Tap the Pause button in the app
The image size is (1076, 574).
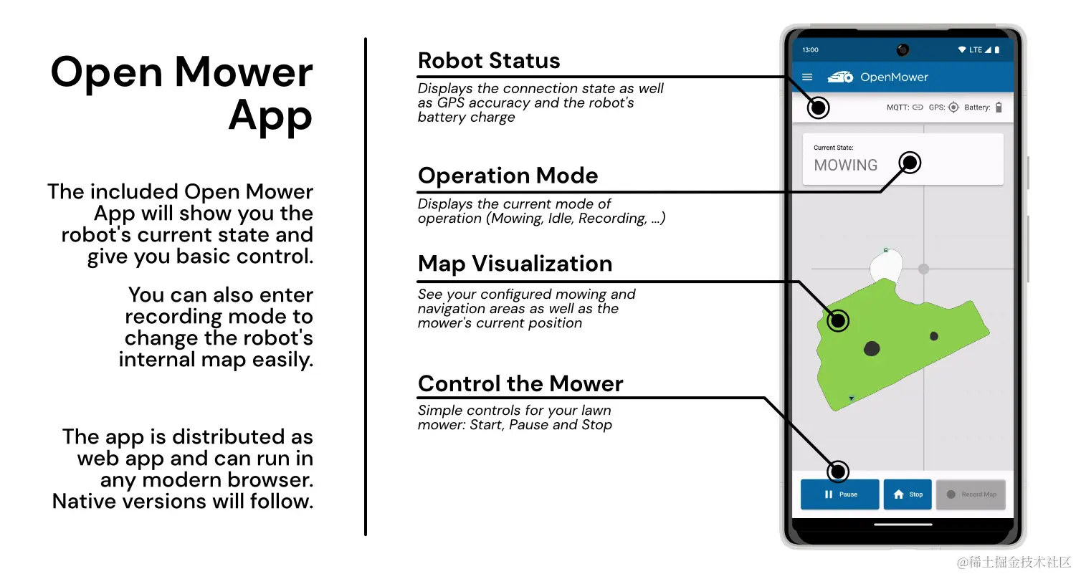coord(839,494)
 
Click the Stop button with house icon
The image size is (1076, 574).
coord(908,494)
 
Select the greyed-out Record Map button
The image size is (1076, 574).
coord(971,494)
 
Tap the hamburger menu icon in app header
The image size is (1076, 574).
coord(807,77)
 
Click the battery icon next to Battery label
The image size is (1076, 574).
coord(999,107)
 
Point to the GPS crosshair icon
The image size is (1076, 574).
coord(953,107)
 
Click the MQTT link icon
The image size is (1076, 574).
coord(918,107)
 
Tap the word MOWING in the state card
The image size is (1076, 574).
coord(846,166)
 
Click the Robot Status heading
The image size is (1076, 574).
coord(489,61)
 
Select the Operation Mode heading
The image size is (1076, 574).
coord(508,176)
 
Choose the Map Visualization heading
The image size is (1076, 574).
coord(515,264)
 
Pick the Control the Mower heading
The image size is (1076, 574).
coord(520,383)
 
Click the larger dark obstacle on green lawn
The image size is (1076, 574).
coord(872,349)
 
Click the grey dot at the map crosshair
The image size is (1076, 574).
coord(923,269)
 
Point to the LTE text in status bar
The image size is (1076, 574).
coord(976,50)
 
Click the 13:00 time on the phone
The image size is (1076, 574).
coord(811,50)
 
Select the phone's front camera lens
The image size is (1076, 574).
coord(903,49)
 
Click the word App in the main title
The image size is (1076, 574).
coord(270,117)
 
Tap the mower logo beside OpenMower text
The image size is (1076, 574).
coord(841,77)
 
